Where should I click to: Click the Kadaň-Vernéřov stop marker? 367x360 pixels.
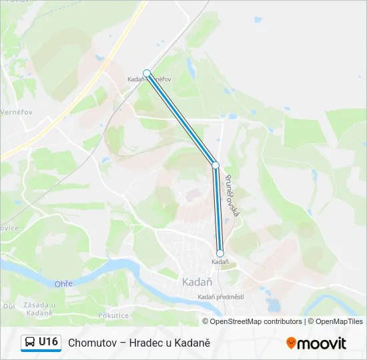(x=147, y=73)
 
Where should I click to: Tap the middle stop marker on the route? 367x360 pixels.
(x=216, y=165)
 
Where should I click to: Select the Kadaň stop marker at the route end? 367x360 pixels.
(x=220, y=253)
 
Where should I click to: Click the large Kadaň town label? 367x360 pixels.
(x=197, y=282)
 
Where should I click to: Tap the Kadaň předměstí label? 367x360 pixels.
(x=221, y=297)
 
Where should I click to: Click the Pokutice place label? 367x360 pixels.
(x=113, y=315)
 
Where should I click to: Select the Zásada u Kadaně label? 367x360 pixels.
(x=38, y=309)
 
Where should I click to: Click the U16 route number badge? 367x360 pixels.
(x=48, y=342)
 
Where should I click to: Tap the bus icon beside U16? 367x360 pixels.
(x=30, y=343)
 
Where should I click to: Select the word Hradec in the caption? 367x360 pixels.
(x=155, y=343)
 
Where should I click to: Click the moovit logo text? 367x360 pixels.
(x=322, y=343)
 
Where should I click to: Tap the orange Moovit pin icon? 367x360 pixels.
(x=291, y=343)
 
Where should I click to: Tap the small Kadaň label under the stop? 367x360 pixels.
(x=220, y=262)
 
